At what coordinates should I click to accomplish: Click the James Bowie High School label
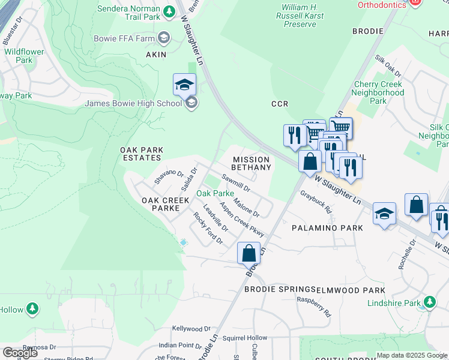point(133,103)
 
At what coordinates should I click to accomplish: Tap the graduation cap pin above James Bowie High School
point(185,85)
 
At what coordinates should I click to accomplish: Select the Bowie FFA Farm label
point(124,38)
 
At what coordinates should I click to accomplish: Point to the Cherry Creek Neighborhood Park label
point(378,93)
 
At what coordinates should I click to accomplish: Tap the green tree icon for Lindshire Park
point(429,301)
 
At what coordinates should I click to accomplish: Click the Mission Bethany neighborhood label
point(252,163)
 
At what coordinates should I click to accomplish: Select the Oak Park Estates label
point(140,154)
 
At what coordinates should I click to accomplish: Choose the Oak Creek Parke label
point(160,204)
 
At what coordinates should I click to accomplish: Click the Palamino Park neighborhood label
point(327,228)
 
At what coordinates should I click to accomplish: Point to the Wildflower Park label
point(24,56)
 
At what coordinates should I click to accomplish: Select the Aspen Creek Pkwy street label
point(242,219)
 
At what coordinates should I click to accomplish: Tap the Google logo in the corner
point(20,353)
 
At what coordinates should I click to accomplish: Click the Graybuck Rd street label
point(316,203)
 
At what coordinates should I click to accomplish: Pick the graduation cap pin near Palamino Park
point(384,214)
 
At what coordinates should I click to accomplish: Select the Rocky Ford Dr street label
point(208,229)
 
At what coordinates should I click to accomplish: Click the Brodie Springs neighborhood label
point(280,289)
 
